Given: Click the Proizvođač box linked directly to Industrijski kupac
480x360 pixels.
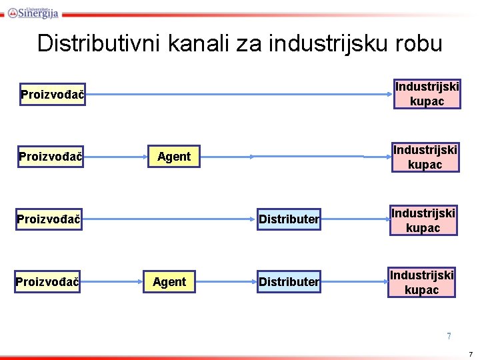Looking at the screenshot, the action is (x=52, y=95).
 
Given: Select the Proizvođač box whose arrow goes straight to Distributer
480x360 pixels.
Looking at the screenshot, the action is (x=49, y=219).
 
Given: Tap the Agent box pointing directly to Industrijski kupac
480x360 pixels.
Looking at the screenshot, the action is (x=174, y=157).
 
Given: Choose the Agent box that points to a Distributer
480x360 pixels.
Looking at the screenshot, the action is (x=169, y=282).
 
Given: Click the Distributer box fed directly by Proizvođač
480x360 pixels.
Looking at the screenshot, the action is (x=289, y=219).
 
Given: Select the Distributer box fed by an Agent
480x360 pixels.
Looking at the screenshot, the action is (x=289, y=282).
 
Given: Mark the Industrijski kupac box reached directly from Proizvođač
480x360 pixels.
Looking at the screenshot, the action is (x=427, y=94).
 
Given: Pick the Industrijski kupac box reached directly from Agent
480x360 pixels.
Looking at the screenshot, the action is (x=425, y=157).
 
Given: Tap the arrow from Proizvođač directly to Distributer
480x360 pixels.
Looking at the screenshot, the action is (x=170, y=219).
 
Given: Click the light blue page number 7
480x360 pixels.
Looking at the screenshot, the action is (x=449, y=336).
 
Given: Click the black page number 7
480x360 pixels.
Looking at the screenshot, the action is (x=471, y=353).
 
